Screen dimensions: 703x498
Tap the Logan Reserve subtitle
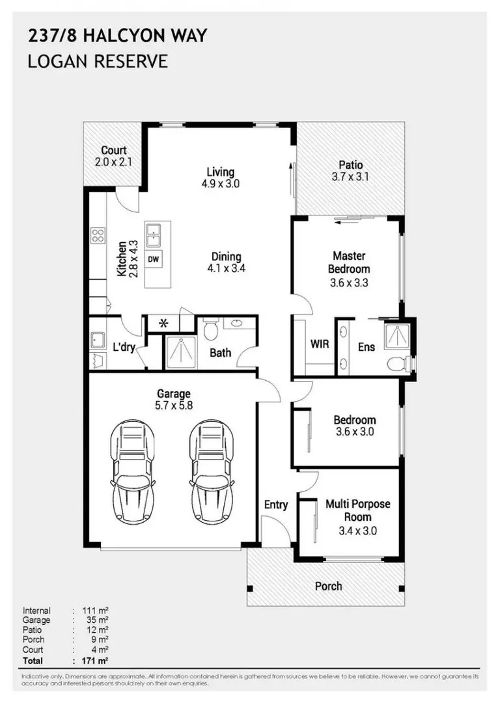click(98, 62)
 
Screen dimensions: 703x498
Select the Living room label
click(220, 172)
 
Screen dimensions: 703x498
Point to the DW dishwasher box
click(154, 259)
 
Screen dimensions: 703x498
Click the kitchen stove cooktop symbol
click(98, 235)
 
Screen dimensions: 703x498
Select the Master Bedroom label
click(349, 262)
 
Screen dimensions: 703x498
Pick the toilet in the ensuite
click(394, 363)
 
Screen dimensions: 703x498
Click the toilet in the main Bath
click(210, 330)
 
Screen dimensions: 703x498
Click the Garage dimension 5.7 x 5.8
click(174, 404)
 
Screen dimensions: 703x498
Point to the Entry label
click(276, 504)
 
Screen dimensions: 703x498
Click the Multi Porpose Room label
click(357, 510)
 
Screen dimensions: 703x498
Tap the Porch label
click(328, 586)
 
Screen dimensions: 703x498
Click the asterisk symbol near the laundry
click(163, 324)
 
